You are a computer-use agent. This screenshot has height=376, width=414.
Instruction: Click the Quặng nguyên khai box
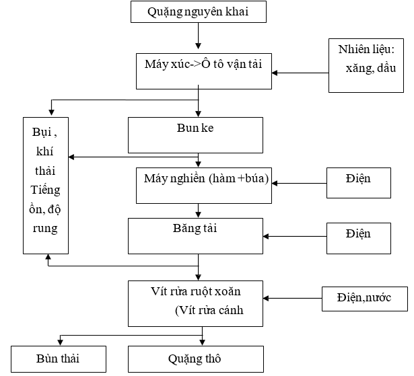pyautogui.click(x=197, y=11)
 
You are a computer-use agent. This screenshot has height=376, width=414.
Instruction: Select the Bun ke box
pyautogui.click(x=196, y=135)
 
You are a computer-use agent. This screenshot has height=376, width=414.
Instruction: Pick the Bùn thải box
pyautogui.click(x=59, y=358)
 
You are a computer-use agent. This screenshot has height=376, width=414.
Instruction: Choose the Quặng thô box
pyautogui.click(x=196, y=358)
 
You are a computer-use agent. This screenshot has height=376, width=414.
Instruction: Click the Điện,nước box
pyautogui.click(x=364, y=297)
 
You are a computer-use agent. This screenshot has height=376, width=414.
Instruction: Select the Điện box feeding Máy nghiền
pyautogui.click(x=358, y=182)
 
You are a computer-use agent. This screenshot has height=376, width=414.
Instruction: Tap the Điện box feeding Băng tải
pyautogui.click(x=358, y=235)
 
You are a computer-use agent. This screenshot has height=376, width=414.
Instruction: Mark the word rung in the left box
pyautogui.click(x=44, y=228)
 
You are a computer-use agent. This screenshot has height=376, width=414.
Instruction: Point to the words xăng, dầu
pyautogui.click(x=370, y=69)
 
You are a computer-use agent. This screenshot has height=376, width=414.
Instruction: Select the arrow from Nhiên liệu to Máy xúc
pyautogui.click(x=300, y=73)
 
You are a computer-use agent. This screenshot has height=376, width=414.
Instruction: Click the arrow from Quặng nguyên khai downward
pyautogui.click(x=199, y=38)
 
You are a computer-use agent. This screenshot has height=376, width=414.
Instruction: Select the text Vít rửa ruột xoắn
pyautogui.click(x=196, y=292)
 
